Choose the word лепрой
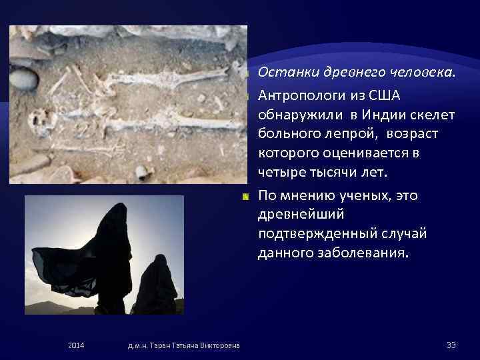click(x=339, y=134)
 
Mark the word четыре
click(x=280, y=173)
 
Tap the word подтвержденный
click(x=308, y=235)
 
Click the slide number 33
click(x=450, y=344)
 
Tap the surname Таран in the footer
click(x=160, y=344)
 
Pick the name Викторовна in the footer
click(x=219, y=344)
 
